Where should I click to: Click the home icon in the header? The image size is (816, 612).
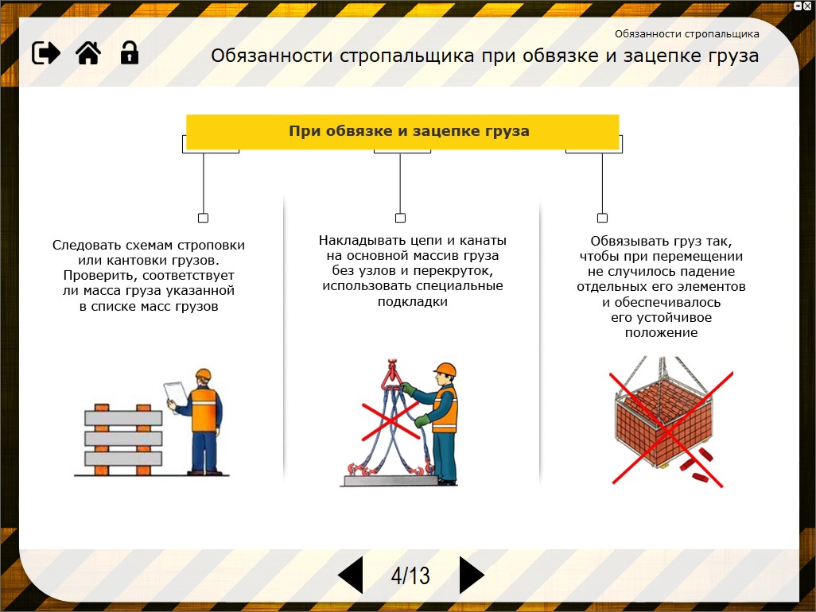[x=87, y=52]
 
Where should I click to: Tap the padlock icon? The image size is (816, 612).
[x=129, y=52]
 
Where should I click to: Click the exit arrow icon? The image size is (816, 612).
[x=46, y=52]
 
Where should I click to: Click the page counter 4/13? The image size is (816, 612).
[x=410, y=575]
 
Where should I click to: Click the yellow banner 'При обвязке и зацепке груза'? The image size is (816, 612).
[x=402, y=131]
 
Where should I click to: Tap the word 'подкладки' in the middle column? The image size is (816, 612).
[x=413, y=301]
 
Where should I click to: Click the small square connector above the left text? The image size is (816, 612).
[x=203, y=218]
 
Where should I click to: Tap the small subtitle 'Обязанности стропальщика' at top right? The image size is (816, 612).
[x=686, y=34]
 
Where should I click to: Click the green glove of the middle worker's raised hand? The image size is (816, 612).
[x=407, y=388]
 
